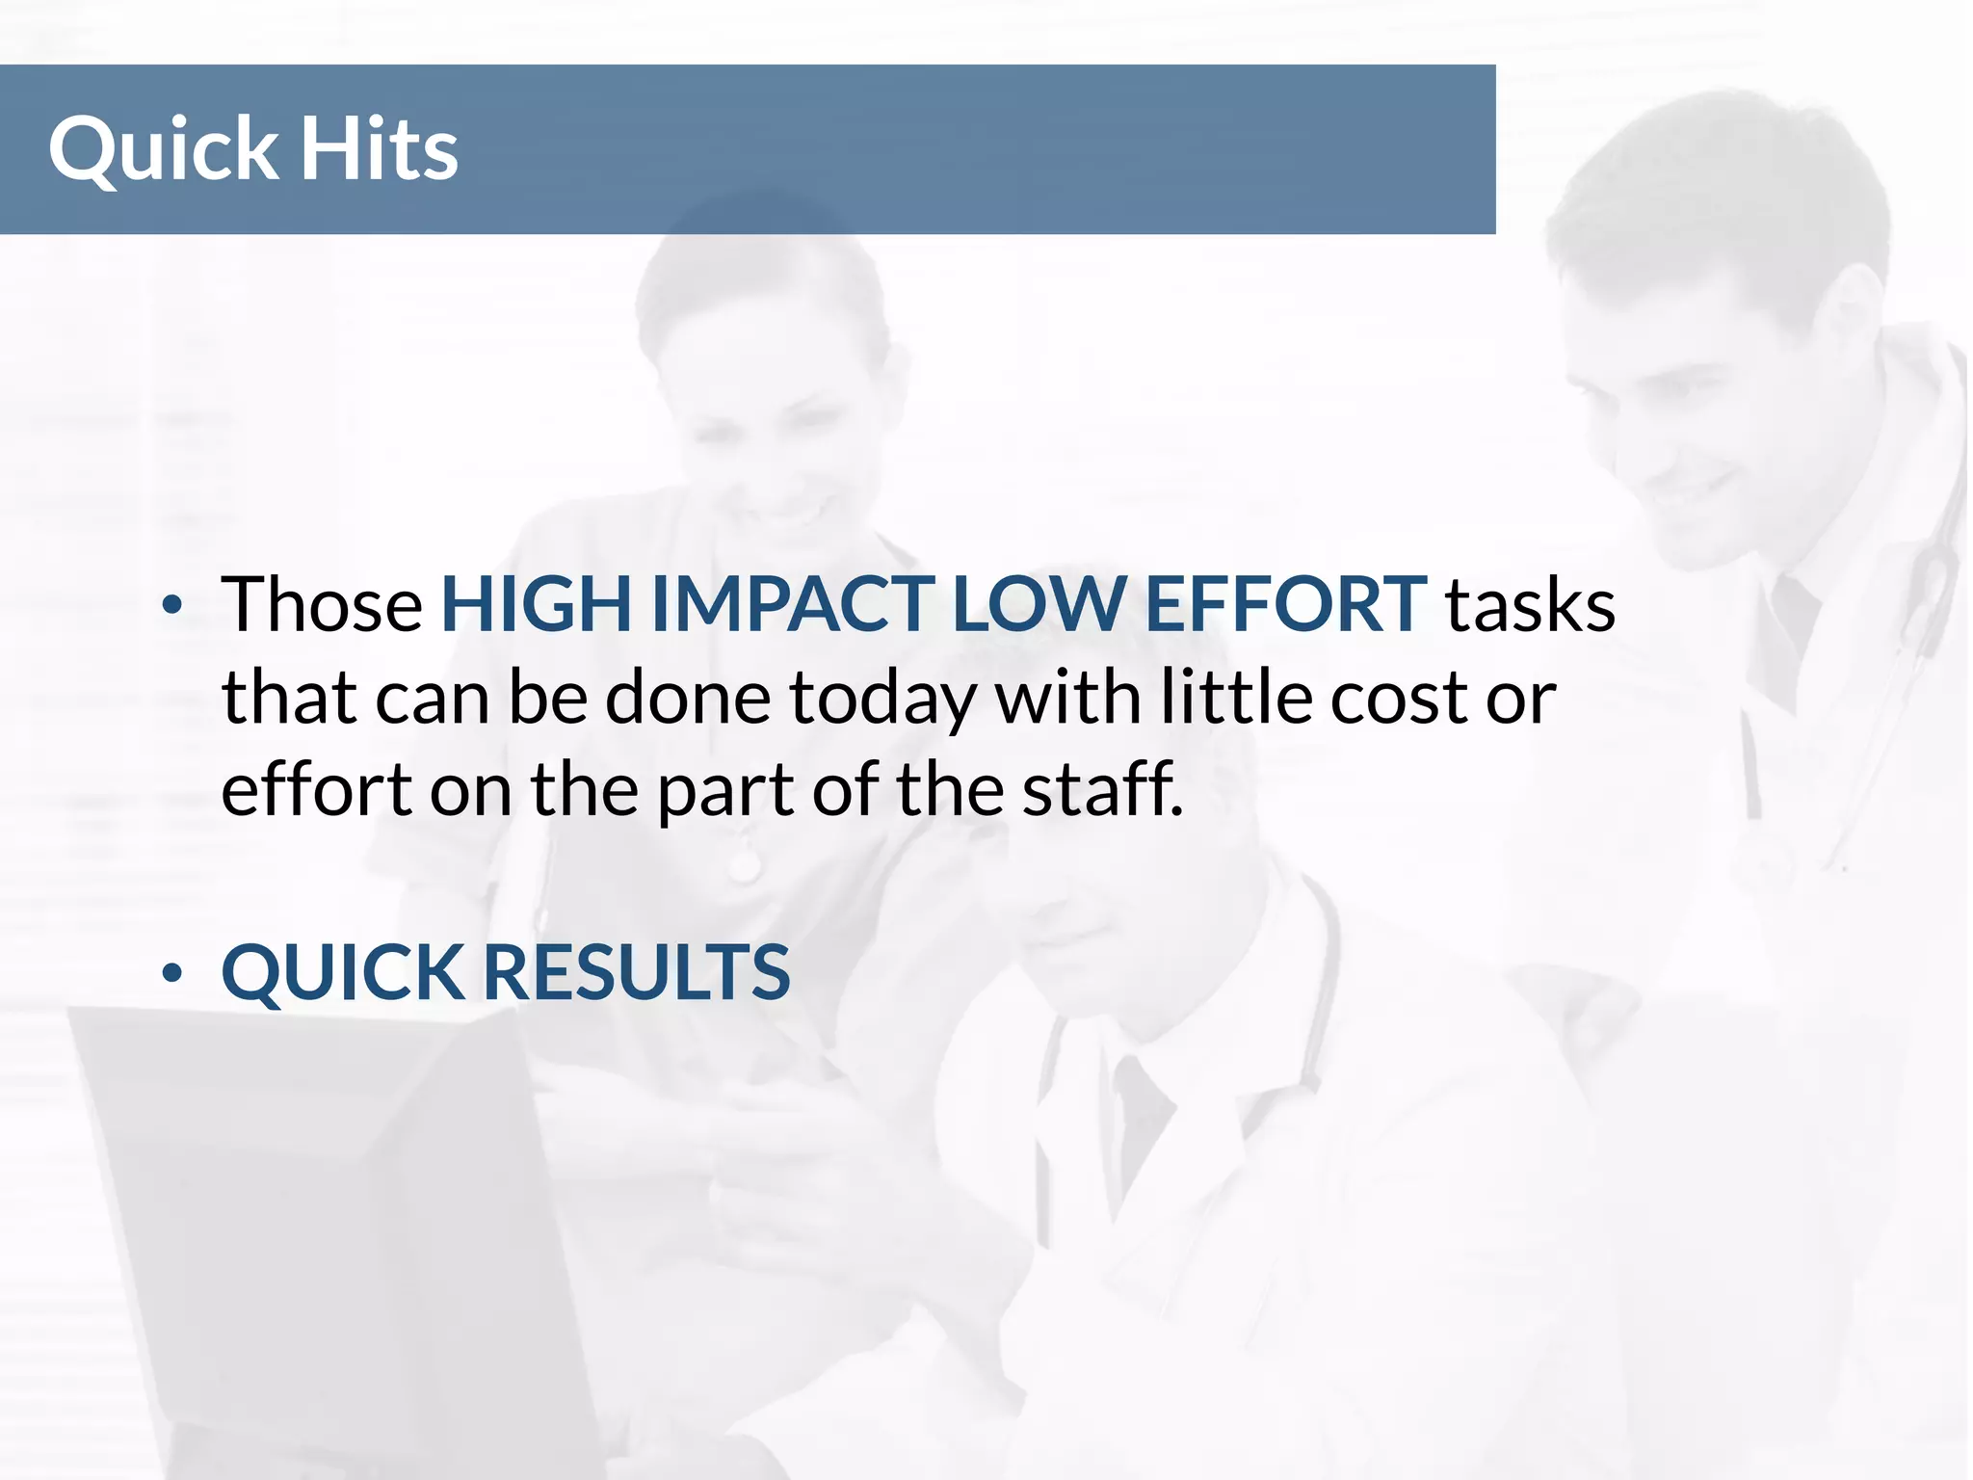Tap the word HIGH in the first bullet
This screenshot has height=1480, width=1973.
(x=536, y=605)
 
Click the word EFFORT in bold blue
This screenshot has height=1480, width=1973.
(x=1285, y=605)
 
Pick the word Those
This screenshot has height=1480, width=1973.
(x=322, y=605)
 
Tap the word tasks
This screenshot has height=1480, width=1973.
(x=1530, y=605)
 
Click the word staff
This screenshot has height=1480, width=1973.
(x=1102, y=788)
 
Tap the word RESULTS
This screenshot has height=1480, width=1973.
(x=636, y=971)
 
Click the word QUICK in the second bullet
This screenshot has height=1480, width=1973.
(x=343, y=973)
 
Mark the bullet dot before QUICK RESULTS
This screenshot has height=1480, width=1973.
(x=172, y=973)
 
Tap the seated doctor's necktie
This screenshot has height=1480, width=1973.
(x=1142, y=1118)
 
